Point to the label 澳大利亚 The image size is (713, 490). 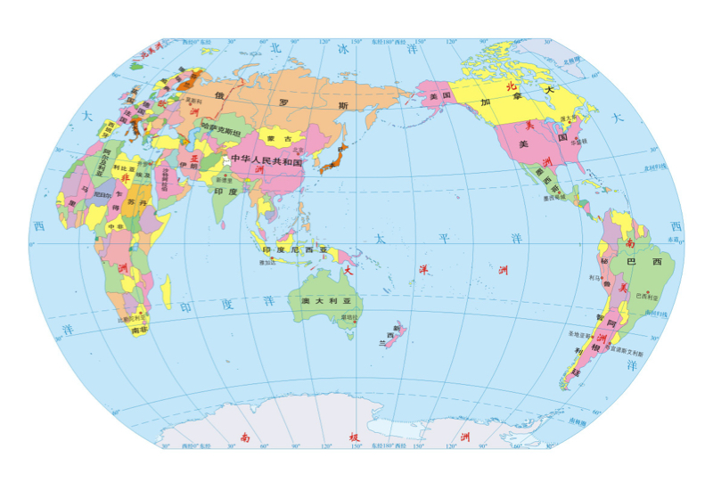pos(318,303)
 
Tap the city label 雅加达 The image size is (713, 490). pos(266,263)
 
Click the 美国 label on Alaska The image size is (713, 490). pos(436,96)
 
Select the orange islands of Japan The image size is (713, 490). pos(338,159)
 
